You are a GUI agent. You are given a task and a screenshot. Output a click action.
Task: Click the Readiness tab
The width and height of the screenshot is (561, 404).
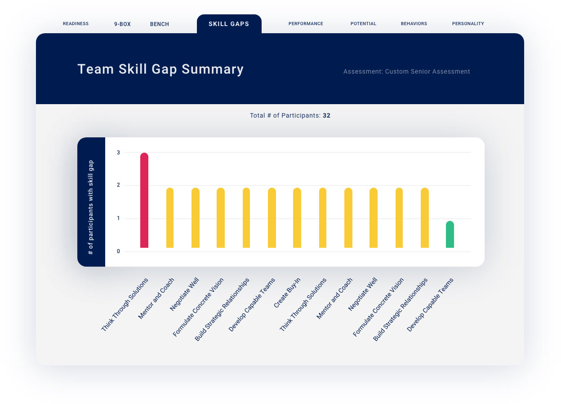76,24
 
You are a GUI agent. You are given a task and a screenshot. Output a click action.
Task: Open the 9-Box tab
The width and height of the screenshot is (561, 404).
122,24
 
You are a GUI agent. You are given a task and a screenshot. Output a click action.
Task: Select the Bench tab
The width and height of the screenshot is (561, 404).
160,24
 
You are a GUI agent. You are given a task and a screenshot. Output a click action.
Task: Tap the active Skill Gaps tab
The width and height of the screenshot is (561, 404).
229,24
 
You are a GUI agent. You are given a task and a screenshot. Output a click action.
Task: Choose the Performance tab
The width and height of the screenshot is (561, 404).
306,24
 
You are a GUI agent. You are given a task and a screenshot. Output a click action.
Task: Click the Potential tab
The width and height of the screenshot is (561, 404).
363,24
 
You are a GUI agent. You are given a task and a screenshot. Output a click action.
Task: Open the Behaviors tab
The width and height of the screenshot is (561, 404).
414,24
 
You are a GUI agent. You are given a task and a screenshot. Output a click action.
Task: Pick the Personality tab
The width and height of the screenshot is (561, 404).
468,24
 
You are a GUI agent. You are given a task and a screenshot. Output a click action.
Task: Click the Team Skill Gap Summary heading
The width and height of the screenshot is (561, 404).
160,69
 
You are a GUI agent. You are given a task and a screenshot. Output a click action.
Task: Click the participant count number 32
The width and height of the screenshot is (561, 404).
326,116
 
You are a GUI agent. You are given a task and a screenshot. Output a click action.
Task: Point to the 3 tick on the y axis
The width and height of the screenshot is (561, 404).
119,153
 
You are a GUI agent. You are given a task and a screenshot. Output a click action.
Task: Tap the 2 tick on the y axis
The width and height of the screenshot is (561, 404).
119,185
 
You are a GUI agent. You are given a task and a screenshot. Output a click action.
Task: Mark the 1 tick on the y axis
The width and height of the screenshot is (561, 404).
119,219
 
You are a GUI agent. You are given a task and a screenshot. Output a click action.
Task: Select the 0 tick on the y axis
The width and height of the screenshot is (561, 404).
119,251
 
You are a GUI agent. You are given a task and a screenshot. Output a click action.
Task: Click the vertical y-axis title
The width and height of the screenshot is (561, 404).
91,207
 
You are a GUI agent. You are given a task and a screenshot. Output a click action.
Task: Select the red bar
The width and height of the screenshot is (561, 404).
144,200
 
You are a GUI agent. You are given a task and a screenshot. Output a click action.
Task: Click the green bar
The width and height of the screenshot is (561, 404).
450,234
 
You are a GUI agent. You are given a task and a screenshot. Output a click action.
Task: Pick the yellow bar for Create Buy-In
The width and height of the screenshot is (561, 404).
297,218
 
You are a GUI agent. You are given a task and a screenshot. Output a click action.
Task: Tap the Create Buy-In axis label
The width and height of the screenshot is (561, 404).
287,293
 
